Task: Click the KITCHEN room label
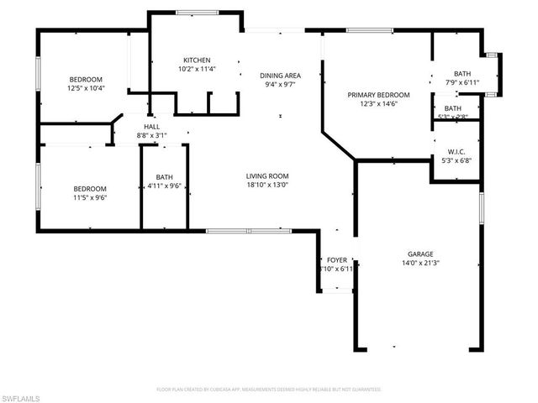tap(197, 60)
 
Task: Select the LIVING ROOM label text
tap(266, 176)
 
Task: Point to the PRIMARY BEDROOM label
tap(378, 95)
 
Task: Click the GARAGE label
tap(420, 254)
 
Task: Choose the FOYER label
tap(336, 260)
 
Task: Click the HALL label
tap(151, 125)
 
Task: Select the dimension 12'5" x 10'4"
tap(86, 87)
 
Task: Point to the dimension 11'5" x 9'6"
tap(90, 197)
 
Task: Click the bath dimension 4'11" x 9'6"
tap(164, 186)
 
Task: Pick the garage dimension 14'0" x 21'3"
tap(420, 263)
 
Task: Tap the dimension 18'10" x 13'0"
tap(266, 186)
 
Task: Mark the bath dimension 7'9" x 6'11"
tap(462, 82)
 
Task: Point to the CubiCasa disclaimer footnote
tap(269, 390)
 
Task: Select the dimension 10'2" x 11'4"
tap(197, 69)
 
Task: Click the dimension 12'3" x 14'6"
tap(378, 104)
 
